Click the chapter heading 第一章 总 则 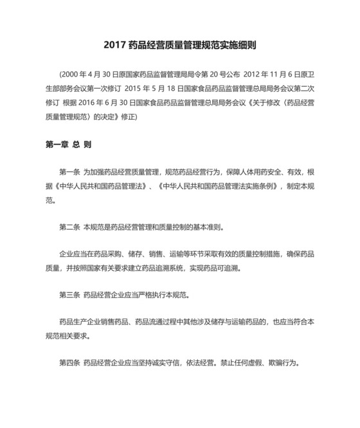coord(68,145)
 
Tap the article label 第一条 coord(69,172)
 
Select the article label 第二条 coord(69,227)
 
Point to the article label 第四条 coord(69,363)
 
